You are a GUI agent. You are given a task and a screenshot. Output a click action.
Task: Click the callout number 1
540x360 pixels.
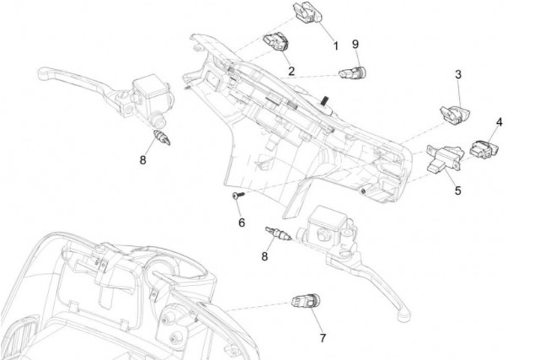coord(336,46)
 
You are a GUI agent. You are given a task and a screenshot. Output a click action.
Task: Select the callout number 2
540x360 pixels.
coord(291,72)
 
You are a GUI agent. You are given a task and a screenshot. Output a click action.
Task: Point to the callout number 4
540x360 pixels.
coord(499,121)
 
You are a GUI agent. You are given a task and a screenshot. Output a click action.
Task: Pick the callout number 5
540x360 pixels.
coord(457,190)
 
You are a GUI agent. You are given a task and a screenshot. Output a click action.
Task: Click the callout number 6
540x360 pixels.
coord(241,222)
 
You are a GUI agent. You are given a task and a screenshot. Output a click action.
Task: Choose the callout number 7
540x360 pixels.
coord(323,337)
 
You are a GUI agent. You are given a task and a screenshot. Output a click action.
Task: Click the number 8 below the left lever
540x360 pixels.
coord(142,159)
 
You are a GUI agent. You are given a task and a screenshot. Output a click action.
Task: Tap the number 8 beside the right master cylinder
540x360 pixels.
coord(264,256)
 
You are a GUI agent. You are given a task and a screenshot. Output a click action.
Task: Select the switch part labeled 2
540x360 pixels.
coord(274,43)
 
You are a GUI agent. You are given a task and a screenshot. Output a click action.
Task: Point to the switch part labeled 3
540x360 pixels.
coord(453,113)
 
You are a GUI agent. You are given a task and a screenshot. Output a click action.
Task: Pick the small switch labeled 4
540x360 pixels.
coord(481,147)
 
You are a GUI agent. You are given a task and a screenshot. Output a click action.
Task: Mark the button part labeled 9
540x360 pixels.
coord(352,73)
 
